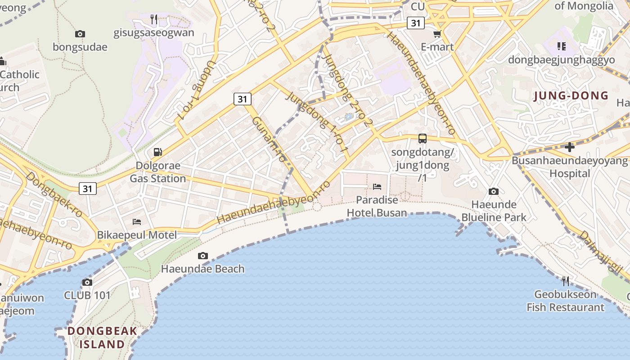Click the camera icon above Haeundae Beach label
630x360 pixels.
tap(203, 256)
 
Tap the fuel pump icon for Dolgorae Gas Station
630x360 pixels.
tap(158, 152)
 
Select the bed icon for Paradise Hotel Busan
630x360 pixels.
tap(377, 187)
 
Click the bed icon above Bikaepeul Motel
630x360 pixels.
tap(137, 222)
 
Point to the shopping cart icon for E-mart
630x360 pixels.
tap(437, 34)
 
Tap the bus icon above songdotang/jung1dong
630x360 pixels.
tap(423, 139)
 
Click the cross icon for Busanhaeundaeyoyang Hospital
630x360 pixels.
tap(570, 147)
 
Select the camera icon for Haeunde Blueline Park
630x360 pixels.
tap(494, 192)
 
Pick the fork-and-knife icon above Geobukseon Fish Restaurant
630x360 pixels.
tap(566, 281)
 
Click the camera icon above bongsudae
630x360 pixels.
tap(80, 34)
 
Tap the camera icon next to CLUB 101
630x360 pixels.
tap(87, 283)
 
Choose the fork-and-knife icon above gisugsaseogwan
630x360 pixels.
tap(154, 19)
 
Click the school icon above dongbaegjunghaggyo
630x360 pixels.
tap(561, 46)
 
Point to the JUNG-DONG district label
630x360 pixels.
tap(571, 96)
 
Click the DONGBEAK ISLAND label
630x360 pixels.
tap(103, 337)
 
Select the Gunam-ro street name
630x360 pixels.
tap(269, 139)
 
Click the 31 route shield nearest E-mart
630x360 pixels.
tap(416, 22)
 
